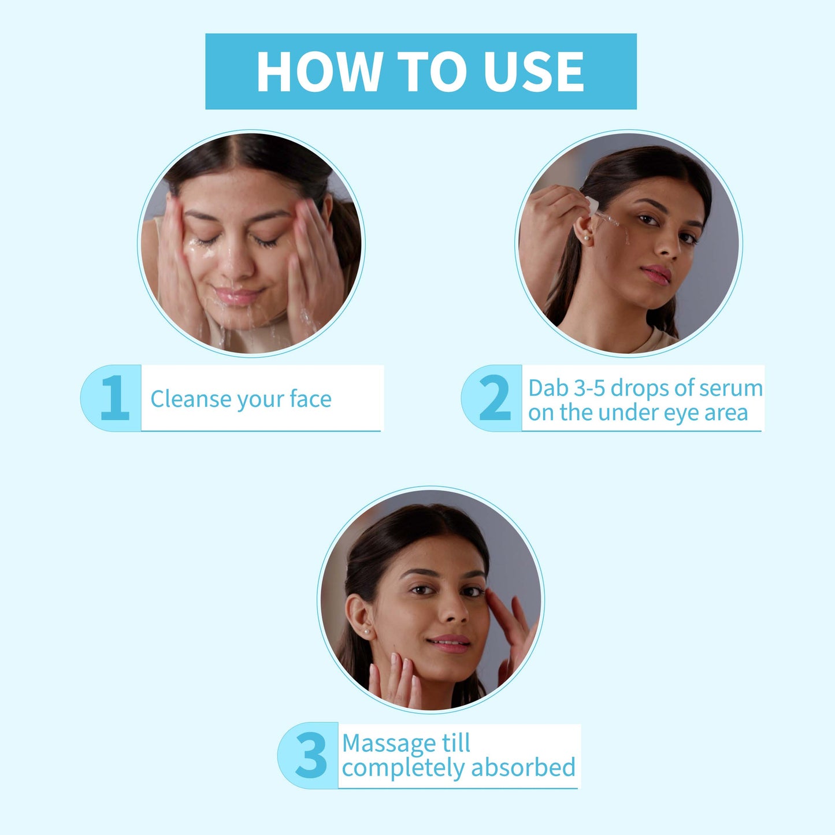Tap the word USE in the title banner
tap(534, 72)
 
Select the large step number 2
tap(495, 398)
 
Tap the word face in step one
tap(310, 399)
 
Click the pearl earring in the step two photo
tap(587, 238)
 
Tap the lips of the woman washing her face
tap(237, 295)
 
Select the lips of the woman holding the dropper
tap(656, 274)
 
